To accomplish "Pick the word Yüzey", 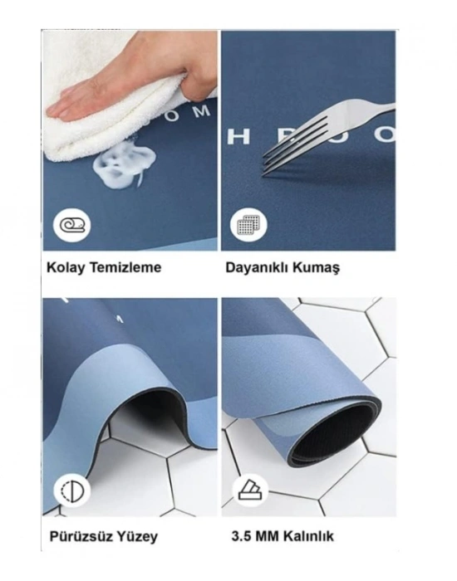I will pyautogui.click(x=135, y=536).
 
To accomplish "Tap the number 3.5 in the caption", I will pyautogui.click(x=241, y=536).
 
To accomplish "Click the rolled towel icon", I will pyautogui.click(x=72, y=224).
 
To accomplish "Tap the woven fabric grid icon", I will pyautogui.click(x=248, y=224).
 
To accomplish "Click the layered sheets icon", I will pyautogui.click(x=248, y=490).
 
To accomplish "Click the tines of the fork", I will pyautogui.click(x=287, y=150).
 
